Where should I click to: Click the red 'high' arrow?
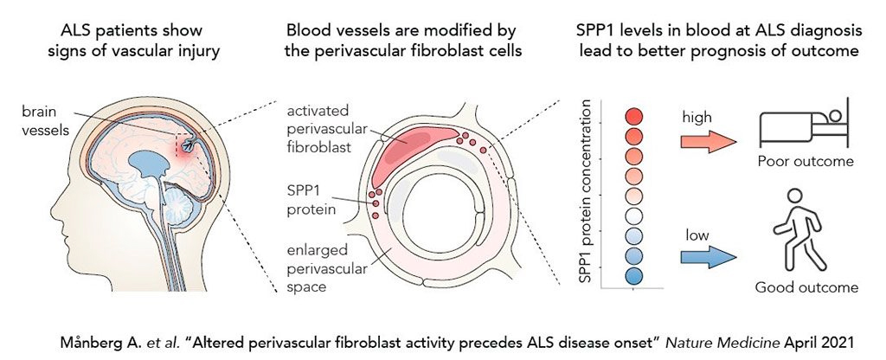pyautogui.click(x=708, y=141)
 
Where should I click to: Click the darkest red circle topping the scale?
pyautogui.click(x=634, y=117)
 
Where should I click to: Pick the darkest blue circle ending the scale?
pyautogui.click(x=634, y=276)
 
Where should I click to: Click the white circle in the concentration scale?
pyautogui.click(x=634, y=215)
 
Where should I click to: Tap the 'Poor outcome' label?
pyautogui.click(x=806, y=162)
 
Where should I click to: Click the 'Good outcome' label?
pyautogui.click(x=806, y=287)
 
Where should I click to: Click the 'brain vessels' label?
pyautogui.click(x=45, y=120)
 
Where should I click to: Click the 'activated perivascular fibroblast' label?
pyautogui.click(x=326, y=129)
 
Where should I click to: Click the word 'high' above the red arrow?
pyautogui.click(x=697, y=117)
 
